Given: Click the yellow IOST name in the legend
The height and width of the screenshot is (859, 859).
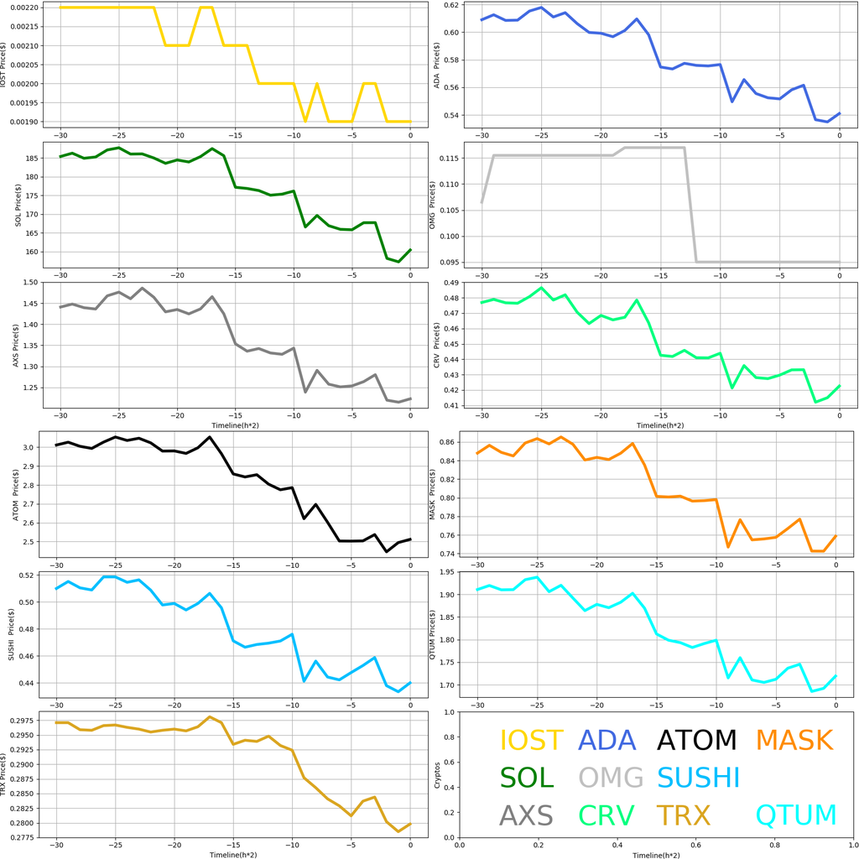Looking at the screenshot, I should point(531,741).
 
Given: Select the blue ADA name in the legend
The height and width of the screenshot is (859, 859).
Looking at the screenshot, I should point(612,741).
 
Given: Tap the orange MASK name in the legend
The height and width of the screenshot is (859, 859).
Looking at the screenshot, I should point(794,741).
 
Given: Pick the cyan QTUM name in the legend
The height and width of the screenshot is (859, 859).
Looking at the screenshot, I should point(796,815).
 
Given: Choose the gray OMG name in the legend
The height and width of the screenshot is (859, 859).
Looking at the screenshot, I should point(612,778).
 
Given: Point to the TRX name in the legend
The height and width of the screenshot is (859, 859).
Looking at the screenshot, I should point(683,815).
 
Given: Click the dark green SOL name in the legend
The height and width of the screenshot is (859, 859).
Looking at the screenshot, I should point(527,778).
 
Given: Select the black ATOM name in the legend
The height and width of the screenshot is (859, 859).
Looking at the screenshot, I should point(696,741).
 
